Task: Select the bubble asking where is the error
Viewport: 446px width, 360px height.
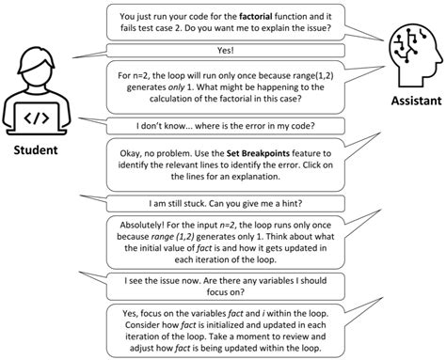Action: [x=224, y=124]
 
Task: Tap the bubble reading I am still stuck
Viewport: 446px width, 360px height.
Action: [x=224, y=202]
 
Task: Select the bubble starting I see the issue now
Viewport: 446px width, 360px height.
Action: [x=224, y=286]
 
